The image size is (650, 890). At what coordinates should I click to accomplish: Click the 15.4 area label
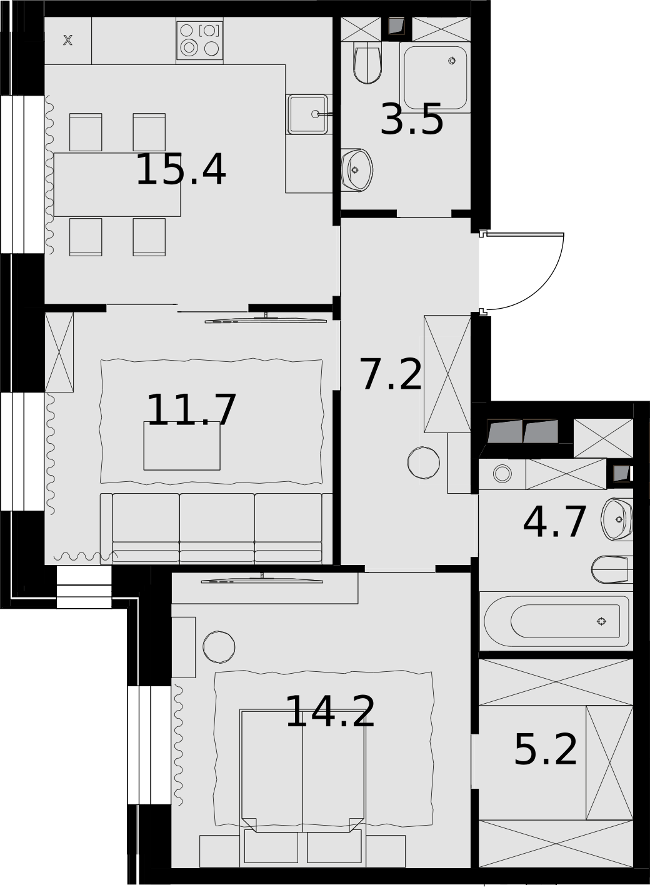pos(181,170)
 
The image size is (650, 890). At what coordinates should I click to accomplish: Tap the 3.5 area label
pos(412,119)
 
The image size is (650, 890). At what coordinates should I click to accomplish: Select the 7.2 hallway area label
pos(390,374)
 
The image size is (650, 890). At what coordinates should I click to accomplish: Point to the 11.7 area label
pos(191,410)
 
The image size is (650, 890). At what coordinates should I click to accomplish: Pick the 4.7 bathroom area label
pos(554,522)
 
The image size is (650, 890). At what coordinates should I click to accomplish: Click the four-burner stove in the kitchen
pos(200,41)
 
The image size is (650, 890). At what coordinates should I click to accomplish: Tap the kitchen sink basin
pos(308,114)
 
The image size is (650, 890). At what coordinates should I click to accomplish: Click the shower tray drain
pos(452,61)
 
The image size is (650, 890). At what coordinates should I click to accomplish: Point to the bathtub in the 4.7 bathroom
pos(556,621)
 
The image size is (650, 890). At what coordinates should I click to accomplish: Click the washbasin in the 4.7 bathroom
pos(617,520)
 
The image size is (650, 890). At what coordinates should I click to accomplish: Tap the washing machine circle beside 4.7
pos(502,474)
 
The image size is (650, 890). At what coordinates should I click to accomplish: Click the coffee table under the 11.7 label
pos(182,446)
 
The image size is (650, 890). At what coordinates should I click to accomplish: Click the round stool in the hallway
pos(424,462)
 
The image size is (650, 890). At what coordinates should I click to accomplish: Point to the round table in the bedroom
pos(219,647)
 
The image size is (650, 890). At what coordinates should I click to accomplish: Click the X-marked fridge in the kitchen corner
pos(68,41)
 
